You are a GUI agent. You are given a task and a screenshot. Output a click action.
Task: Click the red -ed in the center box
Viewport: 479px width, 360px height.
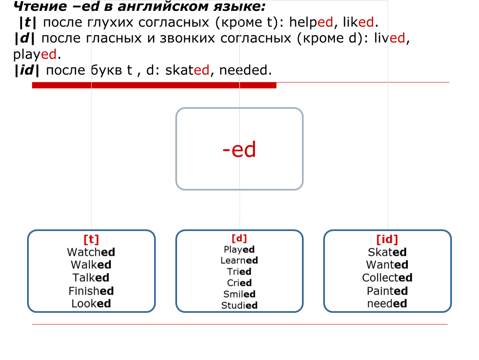(239, 150)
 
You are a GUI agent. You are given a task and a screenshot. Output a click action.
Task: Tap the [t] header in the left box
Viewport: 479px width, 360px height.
(91, 239)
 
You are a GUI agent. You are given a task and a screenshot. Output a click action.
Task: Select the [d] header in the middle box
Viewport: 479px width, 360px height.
(239, 238)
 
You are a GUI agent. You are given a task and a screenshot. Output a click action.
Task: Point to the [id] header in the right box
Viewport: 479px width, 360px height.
(387, 239)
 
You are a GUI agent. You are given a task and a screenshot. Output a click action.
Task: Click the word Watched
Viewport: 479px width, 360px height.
(91, 252)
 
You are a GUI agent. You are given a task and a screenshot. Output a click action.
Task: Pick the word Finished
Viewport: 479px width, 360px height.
(91, 291)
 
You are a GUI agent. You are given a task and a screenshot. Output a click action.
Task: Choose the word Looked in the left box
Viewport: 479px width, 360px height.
(91, 304)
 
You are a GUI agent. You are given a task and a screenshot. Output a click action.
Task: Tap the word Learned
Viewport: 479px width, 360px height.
(239, 260)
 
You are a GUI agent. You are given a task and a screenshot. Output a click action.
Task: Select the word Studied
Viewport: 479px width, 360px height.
(239, 305)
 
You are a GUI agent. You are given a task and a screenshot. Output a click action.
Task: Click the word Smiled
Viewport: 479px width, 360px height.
(239, 294)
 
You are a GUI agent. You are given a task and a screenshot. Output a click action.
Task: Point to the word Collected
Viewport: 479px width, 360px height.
(387, 277)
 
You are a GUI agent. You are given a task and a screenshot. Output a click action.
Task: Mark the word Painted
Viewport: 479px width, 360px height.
(387, 291)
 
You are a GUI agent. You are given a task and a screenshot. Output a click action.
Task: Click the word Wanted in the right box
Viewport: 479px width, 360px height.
(387, 265)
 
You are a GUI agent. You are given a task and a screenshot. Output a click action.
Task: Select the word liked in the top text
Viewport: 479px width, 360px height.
(358, 22)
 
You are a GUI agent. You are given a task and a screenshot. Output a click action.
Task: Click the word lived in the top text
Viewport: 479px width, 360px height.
(389, 38)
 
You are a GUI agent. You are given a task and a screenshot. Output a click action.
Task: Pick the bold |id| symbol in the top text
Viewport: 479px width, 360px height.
(27, 70)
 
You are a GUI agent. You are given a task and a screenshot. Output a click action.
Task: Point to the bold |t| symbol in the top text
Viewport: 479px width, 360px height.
(27, 22)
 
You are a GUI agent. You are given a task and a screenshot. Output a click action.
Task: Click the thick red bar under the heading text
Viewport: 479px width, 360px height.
(154, 85)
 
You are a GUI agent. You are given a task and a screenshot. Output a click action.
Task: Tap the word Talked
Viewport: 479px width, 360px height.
(91, 278)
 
